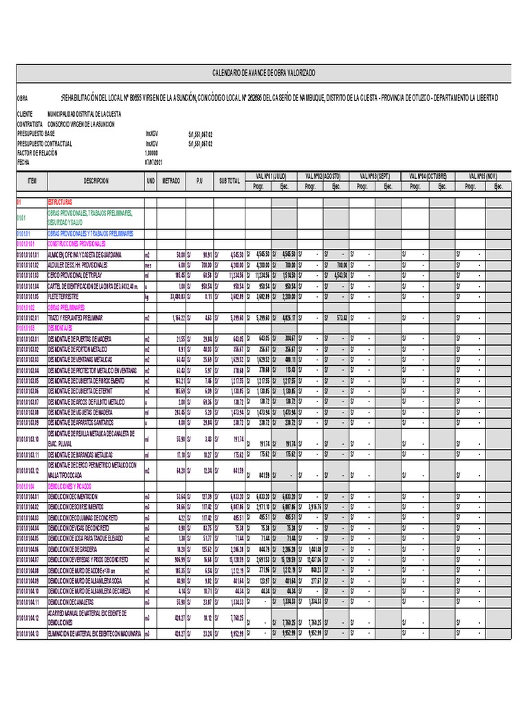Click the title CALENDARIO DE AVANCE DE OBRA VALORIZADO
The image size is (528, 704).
tap(264, 74)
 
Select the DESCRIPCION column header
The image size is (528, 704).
tap(96, 181)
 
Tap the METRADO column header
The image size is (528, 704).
tap(171, 181)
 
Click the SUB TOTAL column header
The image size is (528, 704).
tap(230, 181)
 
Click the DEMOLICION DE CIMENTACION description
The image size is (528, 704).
tap(73, 496)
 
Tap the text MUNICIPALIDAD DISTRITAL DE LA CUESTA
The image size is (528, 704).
tap(85, 115)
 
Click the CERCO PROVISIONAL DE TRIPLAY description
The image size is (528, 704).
tap(76, 275)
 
